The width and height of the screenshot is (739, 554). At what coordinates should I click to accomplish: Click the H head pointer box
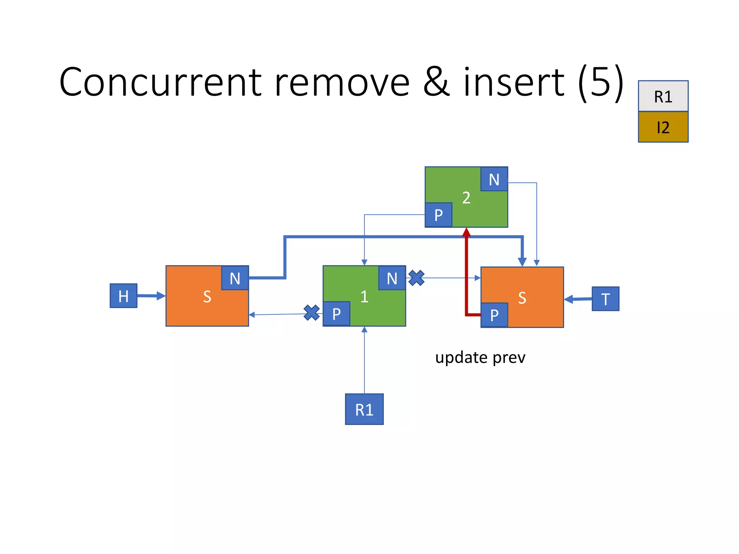pos(123,296)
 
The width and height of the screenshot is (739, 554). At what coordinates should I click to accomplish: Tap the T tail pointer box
pos(605,299)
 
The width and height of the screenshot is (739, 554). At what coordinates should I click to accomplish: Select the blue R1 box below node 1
pos(364,409)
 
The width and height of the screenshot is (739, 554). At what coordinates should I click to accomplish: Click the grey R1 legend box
pos(663,96)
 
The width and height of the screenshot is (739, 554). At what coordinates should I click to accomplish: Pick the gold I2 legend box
pos(663,127)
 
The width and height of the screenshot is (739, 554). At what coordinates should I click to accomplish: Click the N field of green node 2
pos(494,179)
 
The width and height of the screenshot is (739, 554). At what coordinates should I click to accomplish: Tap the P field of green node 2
pos(438,215)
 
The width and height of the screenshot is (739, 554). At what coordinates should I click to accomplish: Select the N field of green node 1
pos(392,278)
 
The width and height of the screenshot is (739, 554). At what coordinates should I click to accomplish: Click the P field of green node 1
pos(336,314)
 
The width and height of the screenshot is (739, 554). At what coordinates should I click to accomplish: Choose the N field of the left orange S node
pos(235,278)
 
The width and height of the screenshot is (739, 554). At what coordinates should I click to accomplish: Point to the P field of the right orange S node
pos(494,315)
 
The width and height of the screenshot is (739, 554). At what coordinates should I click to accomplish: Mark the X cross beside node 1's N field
pos(416,278)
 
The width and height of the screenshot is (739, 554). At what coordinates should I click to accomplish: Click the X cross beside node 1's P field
pos(311,313)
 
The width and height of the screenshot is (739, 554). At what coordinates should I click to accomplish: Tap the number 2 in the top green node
pos(466,198)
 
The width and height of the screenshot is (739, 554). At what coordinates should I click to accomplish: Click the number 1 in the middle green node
pos(364,296)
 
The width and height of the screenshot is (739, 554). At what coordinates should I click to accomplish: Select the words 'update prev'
pos(480,358)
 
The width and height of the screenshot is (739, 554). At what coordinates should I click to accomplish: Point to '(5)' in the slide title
pos(600,82)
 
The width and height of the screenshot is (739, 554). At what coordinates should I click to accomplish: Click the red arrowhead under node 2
pos(466,233)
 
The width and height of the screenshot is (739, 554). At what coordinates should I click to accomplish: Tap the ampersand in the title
pos(437,82)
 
